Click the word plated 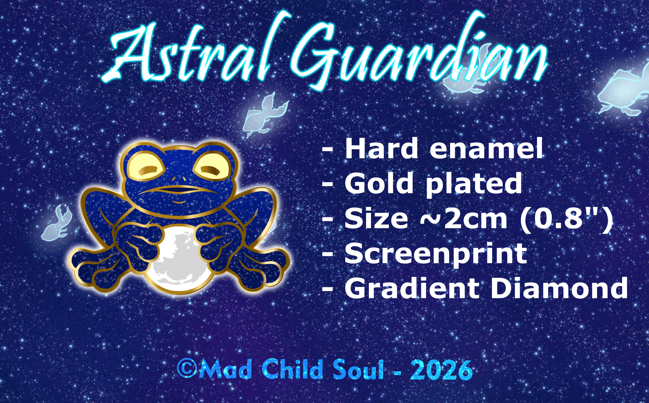click(x=474, y=185)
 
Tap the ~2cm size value click(x=464, y=219)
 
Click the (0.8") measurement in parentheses click(x=566, y=219)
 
